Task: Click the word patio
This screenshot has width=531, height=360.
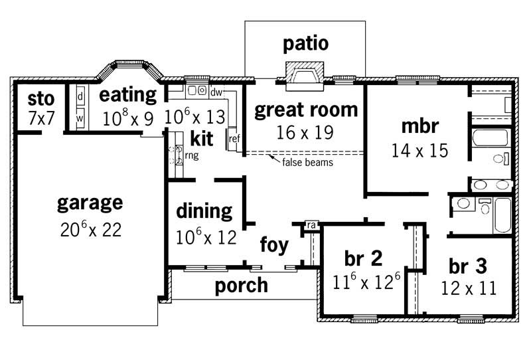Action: tap(305, 44)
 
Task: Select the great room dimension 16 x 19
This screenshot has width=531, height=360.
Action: tap(305, 132)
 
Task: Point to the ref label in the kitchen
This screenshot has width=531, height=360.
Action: tap(234, 139)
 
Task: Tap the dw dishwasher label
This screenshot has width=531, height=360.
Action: tap(216, 92)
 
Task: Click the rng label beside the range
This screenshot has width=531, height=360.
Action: tap(191, 155)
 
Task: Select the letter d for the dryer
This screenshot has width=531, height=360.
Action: tap(80, 96)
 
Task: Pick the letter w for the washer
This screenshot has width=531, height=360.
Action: tap(80, 118)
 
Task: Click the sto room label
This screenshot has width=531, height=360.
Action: tap(40, 100)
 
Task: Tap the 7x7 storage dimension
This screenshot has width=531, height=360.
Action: tap(40, 118)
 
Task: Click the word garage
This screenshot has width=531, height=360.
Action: tap(90, 201)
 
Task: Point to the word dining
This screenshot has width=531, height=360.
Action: tap(204, 211)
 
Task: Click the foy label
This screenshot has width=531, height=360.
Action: tap(274, 245)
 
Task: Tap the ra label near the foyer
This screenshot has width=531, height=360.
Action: tap(310, 226)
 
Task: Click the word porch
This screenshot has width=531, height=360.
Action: tap(242, 286)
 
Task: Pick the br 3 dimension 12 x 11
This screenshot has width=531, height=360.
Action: tap(469, 288)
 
